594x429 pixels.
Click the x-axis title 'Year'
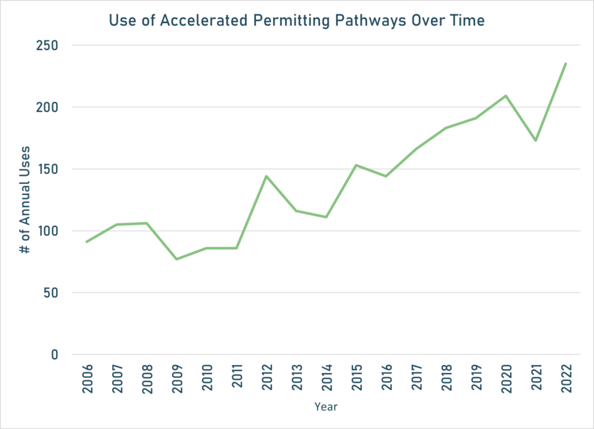pos(326,407)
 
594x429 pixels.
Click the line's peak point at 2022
pos(566,63)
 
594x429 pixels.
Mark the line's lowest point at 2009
pos(176,259)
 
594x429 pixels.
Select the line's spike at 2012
pos(266,176)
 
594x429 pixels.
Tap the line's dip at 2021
pos(536,140)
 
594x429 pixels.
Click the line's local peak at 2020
pos(506,96)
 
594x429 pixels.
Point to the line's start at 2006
pos(86,242)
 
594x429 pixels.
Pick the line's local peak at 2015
pos(356,165)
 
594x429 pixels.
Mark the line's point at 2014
pos(326,217)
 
